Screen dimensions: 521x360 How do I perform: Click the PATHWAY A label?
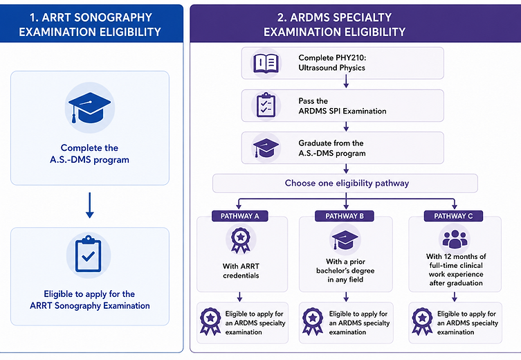[239, 216]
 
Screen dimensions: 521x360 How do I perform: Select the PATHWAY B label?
[345, 216]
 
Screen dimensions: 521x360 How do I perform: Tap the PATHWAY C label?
[453, 216]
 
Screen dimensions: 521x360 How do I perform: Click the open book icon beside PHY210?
[266, 63]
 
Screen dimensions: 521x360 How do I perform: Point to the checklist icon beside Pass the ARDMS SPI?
[266, 105]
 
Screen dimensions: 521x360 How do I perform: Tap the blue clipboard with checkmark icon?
[89, 253]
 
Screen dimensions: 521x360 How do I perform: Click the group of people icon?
[455, 239]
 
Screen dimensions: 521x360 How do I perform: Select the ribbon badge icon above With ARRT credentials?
[240, 240]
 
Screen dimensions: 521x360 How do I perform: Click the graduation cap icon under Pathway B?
[345, 240]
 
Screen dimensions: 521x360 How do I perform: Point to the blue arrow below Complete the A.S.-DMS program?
[89, 205]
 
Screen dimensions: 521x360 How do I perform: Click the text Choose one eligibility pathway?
[347, 183]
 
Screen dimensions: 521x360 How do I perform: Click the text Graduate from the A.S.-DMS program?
[332, 148]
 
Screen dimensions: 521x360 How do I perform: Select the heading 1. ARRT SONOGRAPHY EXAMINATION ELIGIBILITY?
[90, 25]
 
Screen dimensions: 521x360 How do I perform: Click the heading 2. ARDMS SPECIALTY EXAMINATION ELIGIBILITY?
[334, 25]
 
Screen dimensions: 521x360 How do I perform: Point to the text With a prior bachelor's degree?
[345, 266]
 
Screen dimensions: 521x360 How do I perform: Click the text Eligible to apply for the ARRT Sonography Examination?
[90, 300]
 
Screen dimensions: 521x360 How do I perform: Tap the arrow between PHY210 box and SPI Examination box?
[346, 82]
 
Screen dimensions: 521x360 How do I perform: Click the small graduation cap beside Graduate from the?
[266, 148]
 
